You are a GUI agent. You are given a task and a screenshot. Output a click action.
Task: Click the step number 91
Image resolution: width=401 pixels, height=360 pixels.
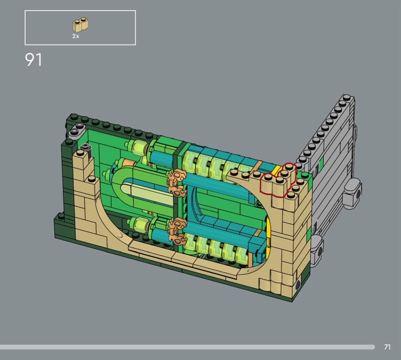[33, 60]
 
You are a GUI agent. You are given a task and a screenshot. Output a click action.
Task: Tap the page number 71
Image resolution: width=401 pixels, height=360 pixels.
[387, 347]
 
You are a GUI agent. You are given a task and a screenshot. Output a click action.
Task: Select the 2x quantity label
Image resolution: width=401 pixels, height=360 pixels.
[76, 36]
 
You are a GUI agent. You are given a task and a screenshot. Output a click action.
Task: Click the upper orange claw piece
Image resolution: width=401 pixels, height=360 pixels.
[176, 183]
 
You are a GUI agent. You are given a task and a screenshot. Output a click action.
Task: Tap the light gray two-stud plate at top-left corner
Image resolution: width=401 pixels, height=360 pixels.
[77, 130]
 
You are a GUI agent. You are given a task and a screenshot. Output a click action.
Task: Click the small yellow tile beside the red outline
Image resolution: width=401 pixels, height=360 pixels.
[276, 170]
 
